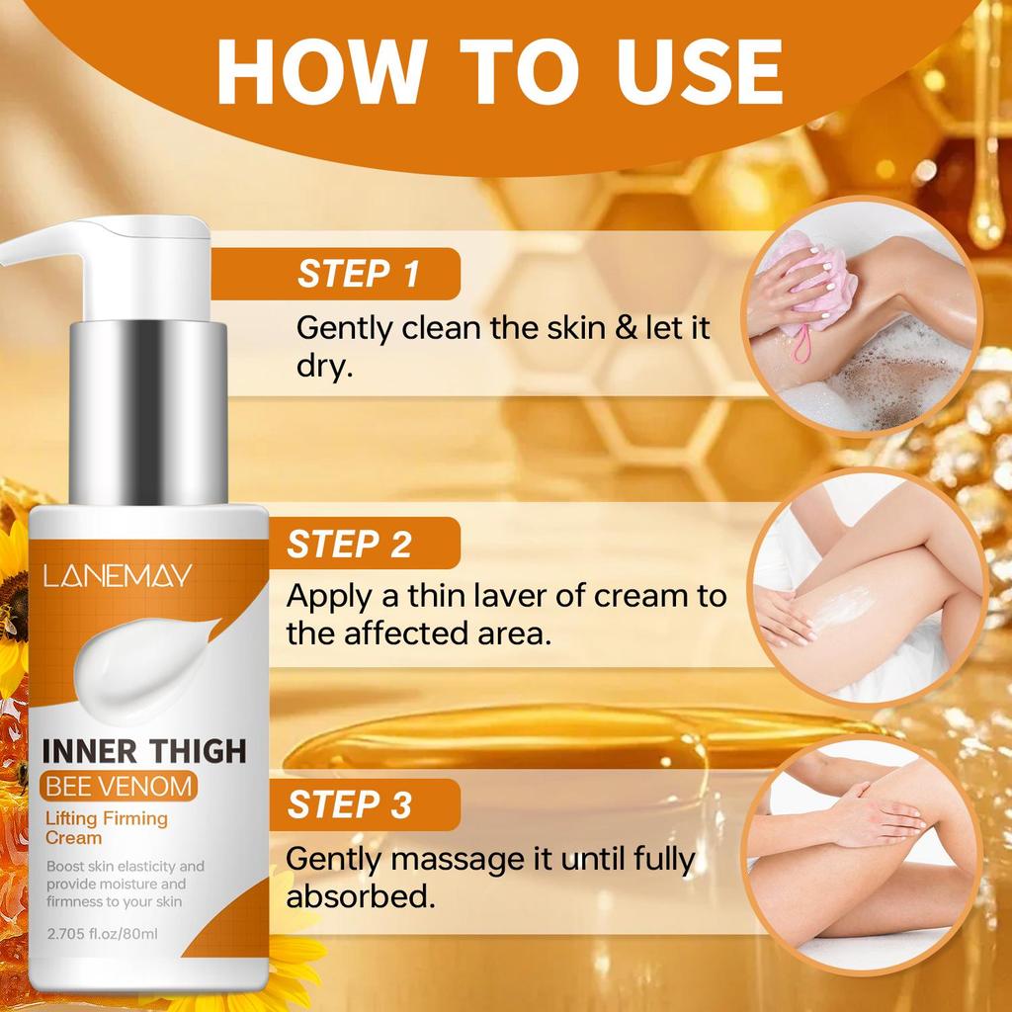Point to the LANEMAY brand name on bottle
117,576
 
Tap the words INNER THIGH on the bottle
143,750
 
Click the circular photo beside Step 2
867,586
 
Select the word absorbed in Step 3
359,896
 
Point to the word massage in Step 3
453,860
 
